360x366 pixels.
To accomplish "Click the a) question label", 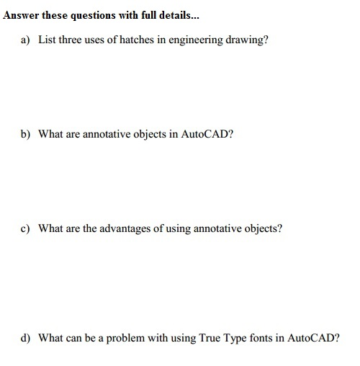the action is click(25, 40).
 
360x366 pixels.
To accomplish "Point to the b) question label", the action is click(25, 133).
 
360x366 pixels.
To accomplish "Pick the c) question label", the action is click(25, 228).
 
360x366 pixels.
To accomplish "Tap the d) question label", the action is click(25, 336).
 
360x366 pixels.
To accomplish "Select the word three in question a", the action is click(73, 40).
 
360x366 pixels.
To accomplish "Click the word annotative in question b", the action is click(111, 133).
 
